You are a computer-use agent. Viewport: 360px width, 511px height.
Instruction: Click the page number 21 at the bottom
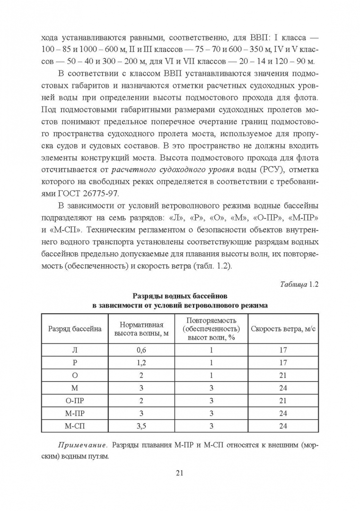point(179,473)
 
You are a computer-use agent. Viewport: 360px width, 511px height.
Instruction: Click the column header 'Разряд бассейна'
point(75,329)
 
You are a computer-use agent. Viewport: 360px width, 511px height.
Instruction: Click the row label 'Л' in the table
point(75,350)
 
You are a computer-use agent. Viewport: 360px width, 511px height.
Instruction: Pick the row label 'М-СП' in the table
point(75,426)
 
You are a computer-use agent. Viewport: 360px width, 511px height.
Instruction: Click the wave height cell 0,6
point(142,350)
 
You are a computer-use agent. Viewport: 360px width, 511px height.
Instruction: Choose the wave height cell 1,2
point(142,363)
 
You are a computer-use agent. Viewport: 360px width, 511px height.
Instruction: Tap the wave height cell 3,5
point(142,426)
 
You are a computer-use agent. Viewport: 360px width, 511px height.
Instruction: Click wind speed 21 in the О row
point(283,376)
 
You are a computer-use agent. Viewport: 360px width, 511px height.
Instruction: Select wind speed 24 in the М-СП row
point(283,426)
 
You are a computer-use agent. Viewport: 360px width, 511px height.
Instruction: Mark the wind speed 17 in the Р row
point(283,363)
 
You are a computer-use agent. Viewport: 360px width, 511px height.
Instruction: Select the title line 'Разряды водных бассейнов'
point(180,296)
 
